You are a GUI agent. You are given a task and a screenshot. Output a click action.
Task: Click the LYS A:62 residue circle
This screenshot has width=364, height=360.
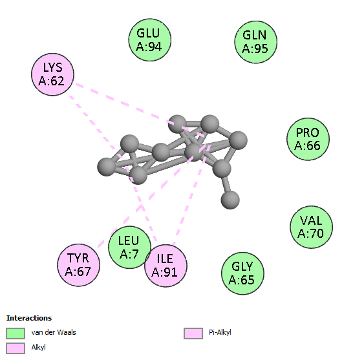point(53,74)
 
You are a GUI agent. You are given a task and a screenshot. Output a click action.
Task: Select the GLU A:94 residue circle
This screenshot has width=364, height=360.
point(150,40)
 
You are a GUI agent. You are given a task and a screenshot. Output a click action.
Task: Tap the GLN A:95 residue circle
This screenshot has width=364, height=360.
point(256,42)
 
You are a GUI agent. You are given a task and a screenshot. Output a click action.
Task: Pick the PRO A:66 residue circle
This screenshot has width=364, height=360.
point(308,139)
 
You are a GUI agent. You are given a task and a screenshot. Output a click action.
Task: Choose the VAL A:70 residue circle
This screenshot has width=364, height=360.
point(311,227)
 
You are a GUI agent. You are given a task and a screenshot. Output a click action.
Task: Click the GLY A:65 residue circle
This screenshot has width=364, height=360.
point(242,273)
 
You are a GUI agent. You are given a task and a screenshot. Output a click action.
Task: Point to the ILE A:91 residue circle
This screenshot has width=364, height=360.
point(166,265)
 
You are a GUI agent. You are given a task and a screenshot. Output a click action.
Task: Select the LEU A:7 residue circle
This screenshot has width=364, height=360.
point(129,247)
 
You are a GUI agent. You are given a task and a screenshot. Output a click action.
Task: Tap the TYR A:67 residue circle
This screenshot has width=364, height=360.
point(78,265)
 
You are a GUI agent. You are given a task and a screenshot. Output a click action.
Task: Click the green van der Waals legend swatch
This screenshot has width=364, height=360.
point(16,334)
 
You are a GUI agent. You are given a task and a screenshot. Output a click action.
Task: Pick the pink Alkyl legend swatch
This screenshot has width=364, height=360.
point(16,348)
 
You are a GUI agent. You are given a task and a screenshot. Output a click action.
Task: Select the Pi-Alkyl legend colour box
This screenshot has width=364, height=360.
point(193,334)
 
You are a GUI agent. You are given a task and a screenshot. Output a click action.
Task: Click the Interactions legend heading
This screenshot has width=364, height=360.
point(29,318)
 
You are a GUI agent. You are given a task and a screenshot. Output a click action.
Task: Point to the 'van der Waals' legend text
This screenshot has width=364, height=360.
point(54,332)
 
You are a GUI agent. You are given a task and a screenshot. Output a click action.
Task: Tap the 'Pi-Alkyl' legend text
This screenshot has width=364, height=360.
point(220,332)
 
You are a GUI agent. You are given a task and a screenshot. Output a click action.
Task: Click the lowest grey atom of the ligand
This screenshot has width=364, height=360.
point(230,200)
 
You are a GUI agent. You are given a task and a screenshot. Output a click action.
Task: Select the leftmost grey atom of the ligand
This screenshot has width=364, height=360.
point(107,167)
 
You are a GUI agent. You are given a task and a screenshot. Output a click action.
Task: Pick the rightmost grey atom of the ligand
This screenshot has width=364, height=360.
point(238,140)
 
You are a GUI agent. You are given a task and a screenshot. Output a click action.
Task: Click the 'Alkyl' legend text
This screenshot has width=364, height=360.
point(38,347)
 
